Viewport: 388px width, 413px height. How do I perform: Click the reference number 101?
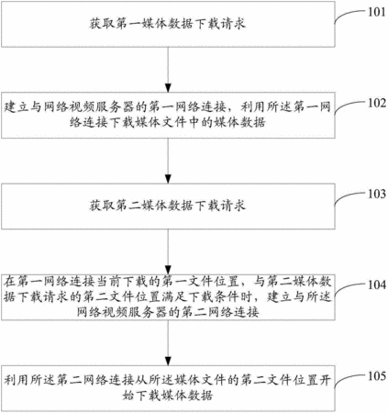[x=377, y=12]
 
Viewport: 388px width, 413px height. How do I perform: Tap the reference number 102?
[x=377, y=103]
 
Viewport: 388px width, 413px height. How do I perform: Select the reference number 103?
[x=377, y=194]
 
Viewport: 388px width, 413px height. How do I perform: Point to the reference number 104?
[x=377, y=285]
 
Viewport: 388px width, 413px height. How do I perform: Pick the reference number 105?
[x=377, y=375]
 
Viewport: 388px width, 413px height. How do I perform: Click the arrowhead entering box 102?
[x=168, y=87]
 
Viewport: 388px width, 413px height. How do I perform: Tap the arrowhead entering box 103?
[x=168, y=178]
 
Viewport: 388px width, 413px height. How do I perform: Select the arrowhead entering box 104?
[x=168, y=269]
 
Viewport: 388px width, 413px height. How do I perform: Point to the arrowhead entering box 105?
[x=168, y=361]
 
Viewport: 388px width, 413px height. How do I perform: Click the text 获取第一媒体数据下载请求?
[x=168, y=24]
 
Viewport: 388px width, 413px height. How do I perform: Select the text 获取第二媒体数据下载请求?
[x=168, y=206]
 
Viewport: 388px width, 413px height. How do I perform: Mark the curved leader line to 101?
[x=349, y=15]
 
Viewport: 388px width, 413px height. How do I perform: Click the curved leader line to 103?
[x=349, y=196]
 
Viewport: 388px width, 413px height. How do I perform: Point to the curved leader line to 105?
[x=349, y=378]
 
